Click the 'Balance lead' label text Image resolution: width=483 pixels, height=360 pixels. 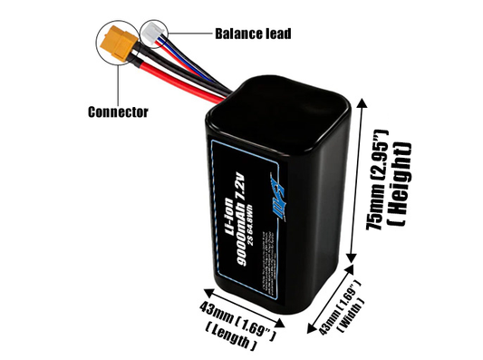pyautogui.click(x=252, y=34)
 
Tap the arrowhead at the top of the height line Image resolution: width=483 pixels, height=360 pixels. pyautogui.click(x=363, y=101)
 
